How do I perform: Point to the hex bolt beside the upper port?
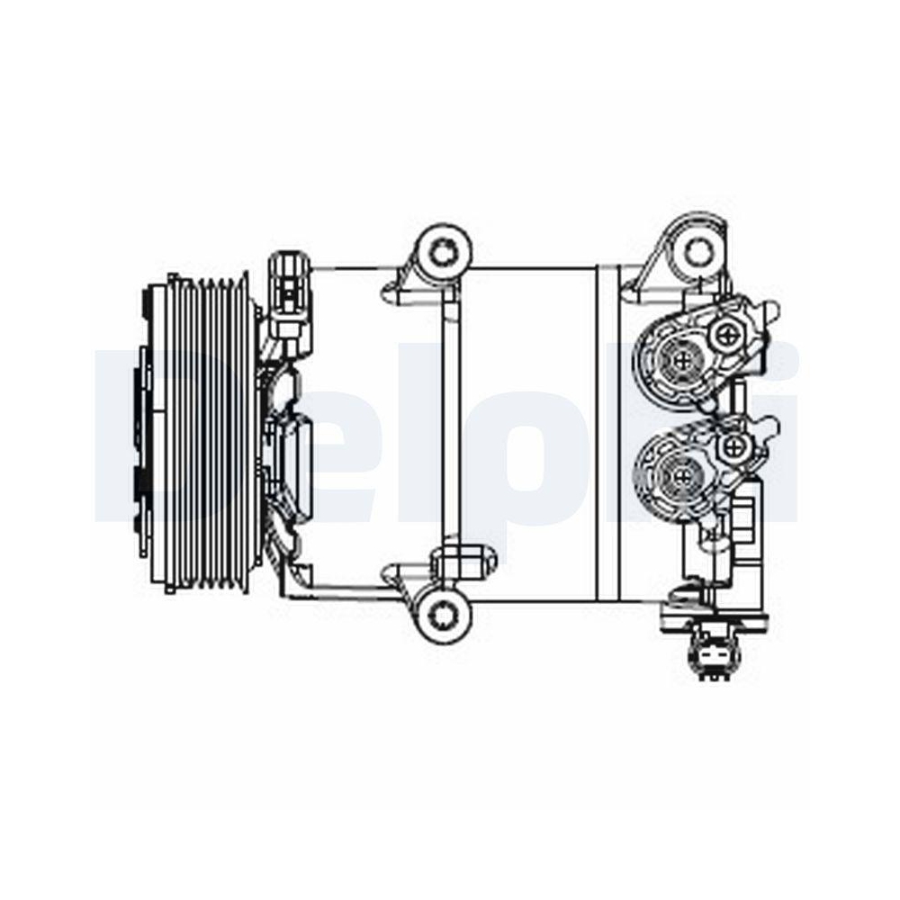(x=726, y=336)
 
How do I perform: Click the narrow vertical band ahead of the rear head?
(x=609, y=432)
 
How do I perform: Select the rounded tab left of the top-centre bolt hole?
(x=396, y=289)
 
